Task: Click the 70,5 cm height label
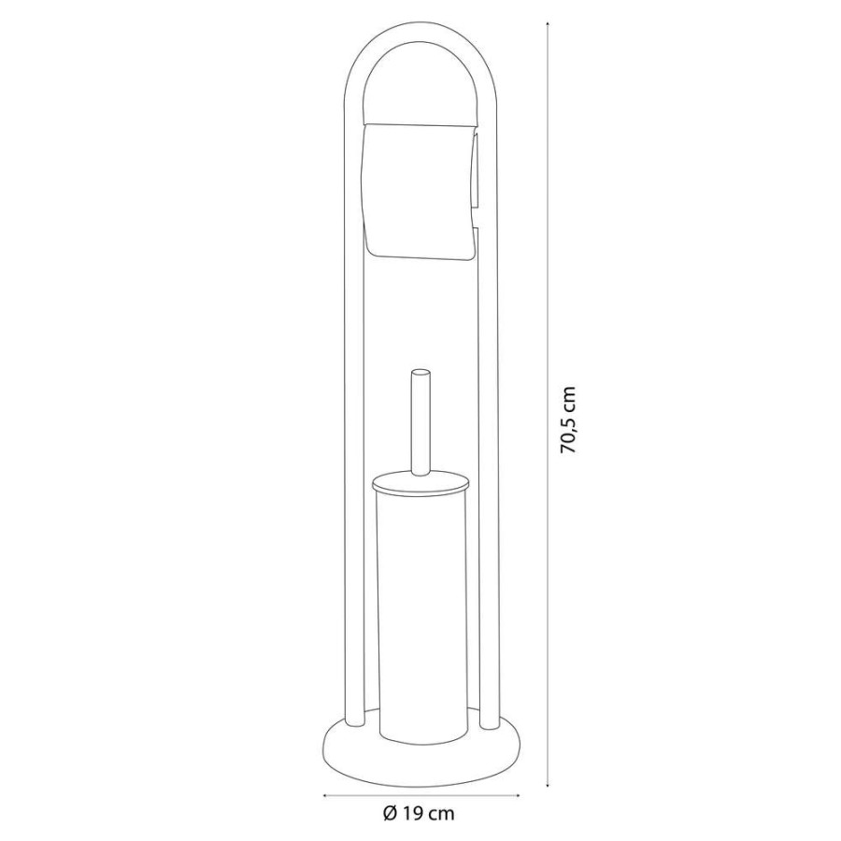(x=568, y=420)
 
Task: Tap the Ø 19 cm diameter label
(x=419, y=814)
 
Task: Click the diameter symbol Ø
(x=391, y=814)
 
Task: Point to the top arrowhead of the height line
(x=548, y=24)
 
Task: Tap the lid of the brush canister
(x=421, y=487)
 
